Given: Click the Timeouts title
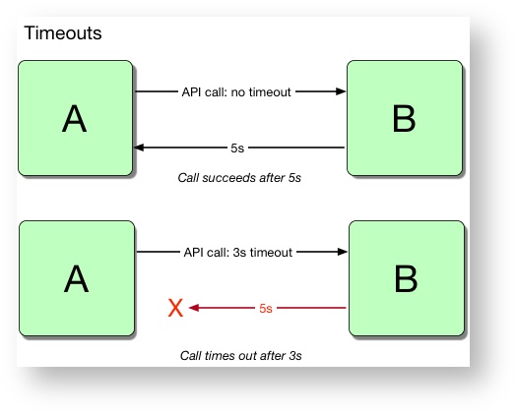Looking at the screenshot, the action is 63,33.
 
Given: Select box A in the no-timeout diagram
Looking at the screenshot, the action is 76,118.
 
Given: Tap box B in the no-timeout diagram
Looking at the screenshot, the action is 405,118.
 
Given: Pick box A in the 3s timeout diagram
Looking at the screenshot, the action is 77,278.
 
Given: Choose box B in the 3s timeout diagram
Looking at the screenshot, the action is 407,278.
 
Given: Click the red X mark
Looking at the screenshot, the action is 175,308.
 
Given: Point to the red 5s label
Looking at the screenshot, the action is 266,309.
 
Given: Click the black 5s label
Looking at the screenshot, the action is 237,148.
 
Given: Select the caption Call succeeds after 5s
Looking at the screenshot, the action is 239,178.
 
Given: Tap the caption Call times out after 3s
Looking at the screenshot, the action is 241,356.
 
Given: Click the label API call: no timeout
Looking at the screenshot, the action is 236,92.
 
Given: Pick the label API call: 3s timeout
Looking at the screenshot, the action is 238,253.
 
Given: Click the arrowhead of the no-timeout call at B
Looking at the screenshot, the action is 341,91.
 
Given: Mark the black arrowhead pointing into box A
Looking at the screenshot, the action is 139,148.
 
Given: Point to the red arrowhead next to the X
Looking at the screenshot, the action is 194,308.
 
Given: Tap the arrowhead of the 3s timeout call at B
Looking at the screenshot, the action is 343,252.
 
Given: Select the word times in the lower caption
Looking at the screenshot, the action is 217,356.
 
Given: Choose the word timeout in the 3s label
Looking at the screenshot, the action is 271,253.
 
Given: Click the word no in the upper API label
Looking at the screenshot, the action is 237,92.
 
